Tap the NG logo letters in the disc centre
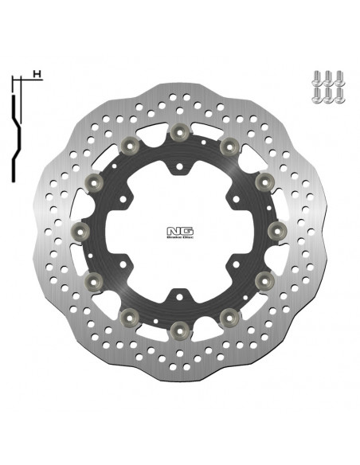click(x=178, y=225)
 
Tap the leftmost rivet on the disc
click(x=77, y=229)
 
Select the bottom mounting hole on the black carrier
click(x=178, y=291)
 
